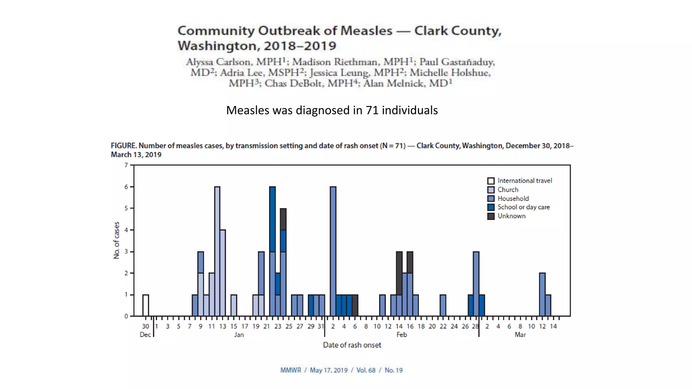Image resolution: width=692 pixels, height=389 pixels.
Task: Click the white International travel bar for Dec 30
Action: (146, 305)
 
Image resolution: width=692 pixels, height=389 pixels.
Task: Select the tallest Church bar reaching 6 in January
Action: (217, 251)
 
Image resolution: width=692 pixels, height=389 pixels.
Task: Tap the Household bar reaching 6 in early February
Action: (333, 251)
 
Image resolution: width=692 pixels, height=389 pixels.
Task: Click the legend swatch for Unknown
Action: (491, 216)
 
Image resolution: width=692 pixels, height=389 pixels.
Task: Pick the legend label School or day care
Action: (523, 207)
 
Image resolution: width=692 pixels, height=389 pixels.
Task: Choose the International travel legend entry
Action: (524, 181)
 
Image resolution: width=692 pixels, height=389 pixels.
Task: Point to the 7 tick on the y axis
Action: (126, 165)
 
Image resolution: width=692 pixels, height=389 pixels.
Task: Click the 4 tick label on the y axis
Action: (126, 230)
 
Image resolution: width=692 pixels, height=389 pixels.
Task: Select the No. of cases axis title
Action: (117, 240)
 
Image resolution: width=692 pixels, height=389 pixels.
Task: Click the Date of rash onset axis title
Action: (352, 345)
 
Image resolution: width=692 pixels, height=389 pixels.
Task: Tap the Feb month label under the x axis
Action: (401, 335)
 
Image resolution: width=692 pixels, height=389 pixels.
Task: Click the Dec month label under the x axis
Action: (145, 335)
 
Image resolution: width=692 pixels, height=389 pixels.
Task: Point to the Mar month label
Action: (520, 335)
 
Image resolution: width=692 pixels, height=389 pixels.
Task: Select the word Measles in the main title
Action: (366, 31)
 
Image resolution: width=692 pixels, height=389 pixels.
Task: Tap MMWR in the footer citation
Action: (291, 370)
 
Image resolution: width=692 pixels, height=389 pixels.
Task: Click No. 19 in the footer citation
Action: (394, 370)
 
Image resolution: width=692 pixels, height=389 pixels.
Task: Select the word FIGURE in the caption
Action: (123, 146)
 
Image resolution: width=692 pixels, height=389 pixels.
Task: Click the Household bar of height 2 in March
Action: (542, 294)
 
